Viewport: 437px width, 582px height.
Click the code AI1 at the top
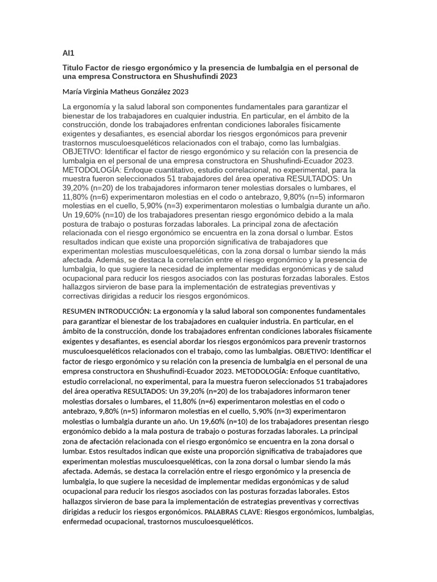68,53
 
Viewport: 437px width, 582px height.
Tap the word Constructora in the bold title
136,76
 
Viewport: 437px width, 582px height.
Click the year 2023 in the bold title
228,76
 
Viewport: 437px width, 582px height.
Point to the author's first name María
72,91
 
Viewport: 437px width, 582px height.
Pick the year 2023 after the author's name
180,91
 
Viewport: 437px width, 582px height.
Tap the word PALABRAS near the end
223,512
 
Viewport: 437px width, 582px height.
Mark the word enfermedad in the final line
83,522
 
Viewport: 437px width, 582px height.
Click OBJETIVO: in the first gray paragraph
82,152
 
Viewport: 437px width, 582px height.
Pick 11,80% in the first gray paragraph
77,196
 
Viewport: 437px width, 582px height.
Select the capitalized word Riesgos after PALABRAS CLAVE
283,512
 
